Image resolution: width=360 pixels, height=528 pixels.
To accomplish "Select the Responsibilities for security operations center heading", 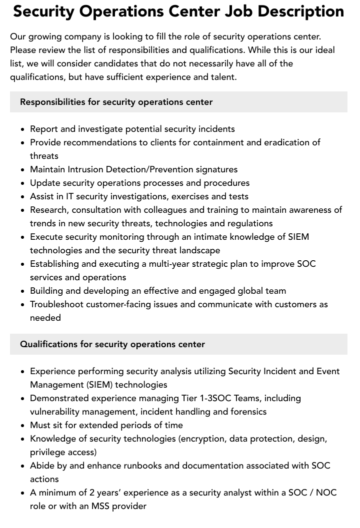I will coord(116,102).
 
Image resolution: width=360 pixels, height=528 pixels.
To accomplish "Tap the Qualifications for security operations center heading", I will coord(112,344).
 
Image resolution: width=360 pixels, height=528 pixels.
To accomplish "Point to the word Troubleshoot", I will coord(58,304).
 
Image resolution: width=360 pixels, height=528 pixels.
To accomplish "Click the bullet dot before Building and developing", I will coord(23,291).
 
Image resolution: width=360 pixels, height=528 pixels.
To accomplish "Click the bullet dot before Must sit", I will coord(23,426).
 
